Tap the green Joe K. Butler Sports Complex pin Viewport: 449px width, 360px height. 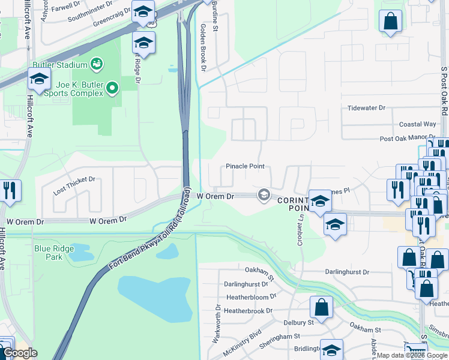[112, 89]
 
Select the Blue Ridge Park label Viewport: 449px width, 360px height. [54, 253]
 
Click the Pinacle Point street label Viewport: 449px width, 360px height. [245, 166]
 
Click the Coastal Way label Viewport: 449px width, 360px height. [417, 124]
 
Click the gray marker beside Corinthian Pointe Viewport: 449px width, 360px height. [263, 194]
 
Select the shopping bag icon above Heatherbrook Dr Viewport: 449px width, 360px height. [321, 306]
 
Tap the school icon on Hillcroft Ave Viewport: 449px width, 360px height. [39, 80]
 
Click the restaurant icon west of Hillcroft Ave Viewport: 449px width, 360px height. [10, 190]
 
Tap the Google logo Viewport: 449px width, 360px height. [20, 353]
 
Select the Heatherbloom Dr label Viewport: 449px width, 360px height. [251, 297]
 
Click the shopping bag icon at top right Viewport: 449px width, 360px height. [390, 21]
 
